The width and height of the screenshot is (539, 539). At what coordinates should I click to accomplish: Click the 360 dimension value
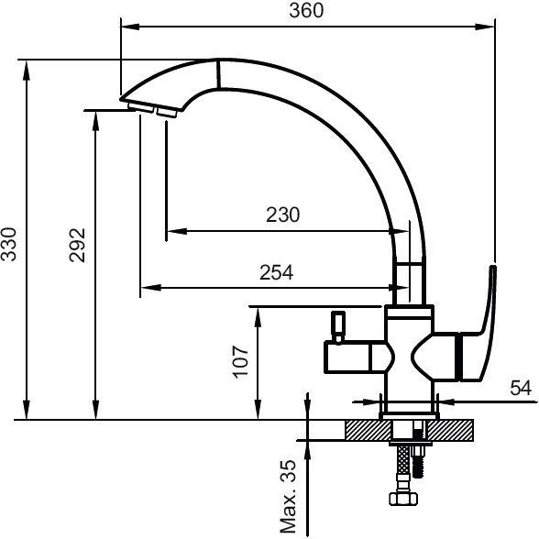coord(306,11)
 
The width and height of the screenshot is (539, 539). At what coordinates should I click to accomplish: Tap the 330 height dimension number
coord(8,244)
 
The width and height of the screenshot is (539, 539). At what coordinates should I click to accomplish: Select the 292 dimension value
coord(77,245)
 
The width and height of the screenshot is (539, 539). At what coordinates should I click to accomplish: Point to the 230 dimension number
coord(283,214)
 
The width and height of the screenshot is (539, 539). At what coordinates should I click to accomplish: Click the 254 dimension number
coord(277,272)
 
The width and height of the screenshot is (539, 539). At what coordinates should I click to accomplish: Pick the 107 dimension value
coord(240,362)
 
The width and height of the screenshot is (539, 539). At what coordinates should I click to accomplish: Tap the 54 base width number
coord(521,388)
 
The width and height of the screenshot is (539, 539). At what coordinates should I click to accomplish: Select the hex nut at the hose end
coord(403,499)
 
